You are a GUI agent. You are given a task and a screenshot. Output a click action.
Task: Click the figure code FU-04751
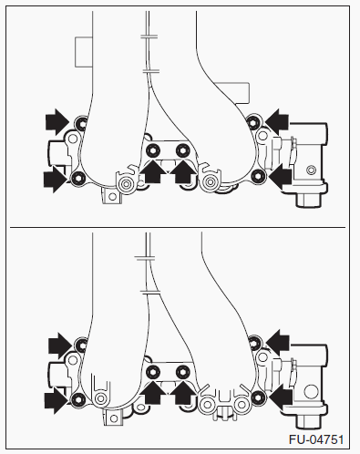316,439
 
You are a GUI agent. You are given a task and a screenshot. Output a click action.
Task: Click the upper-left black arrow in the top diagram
57,122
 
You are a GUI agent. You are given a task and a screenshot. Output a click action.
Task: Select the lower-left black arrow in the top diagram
56,179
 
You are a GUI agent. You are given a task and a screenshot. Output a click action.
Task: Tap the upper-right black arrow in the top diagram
277,122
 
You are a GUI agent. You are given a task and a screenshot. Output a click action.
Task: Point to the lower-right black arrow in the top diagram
281,177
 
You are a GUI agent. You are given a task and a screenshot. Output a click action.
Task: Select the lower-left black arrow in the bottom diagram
56,400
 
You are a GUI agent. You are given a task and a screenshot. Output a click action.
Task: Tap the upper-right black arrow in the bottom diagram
277,343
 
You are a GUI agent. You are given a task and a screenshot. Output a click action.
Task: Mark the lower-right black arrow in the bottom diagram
281,397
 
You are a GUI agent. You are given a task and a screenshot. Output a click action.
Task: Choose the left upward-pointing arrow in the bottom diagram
152,392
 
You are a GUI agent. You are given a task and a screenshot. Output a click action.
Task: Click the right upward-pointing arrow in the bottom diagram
183,392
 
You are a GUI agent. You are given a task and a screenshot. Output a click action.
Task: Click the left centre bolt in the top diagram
153,150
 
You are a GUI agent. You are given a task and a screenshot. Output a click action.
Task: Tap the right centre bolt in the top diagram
182,150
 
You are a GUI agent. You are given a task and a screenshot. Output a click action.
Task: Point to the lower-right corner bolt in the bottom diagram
258,397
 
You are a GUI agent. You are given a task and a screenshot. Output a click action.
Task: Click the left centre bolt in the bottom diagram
153,371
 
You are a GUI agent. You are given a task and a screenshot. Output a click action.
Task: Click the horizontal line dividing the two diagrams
178,227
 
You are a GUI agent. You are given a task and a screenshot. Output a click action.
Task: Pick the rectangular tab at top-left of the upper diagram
84,52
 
